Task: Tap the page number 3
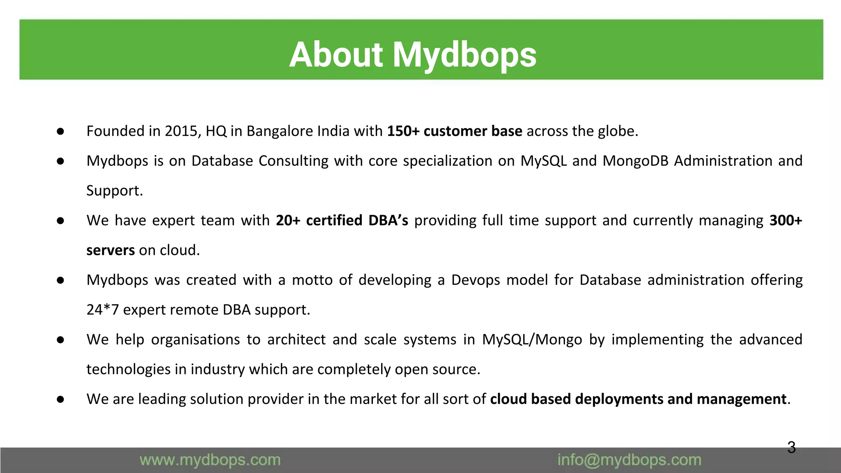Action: [x=791, y=447]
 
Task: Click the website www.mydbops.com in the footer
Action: [x=210, y=460]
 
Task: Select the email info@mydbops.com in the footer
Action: [x=629, y=460]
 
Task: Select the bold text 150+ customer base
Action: [x=455, y=131]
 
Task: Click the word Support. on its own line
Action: [x=115, y=191]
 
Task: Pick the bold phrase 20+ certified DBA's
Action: [x=342, y=220]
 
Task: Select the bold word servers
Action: [x=110, y=250]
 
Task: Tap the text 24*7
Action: [x=103, y=310]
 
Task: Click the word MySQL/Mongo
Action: [x=532, y=340]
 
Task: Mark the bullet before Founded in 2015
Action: [x=60, y=131]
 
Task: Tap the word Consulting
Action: [x=294, y=161]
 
